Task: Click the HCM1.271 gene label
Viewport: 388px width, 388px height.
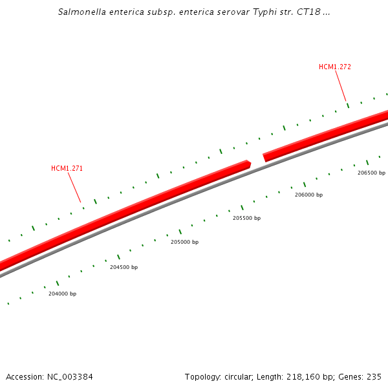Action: pos(67,168)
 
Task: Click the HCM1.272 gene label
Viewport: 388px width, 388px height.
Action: pos(334,67)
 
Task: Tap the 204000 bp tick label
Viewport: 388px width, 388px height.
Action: pos(62,294)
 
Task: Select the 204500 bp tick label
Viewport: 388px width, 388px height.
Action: pos(124,267)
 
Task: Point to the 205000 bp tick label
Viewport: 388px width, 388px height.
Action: pos(184,242)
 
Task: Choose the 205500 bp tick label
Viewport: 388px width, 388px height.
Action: pos(246,218)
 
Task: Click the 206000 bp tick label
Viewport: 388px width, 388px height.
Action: pos(308,195)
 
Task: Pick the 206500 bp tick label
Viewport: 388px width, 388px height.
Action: pos(371,173)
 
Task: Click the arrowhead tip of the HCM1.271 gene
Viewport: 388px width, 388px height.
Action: pos(250,164)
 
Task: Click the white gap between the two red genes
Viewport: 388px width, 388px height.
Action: pos(257,159)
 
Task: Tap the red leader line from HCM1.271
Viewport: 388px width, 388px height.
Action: pos(74,188)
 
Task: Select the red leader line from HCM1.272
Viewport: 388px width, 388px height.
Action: pos(340,86)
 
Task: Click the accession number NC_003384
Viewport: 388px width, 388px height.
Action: pos(69,376)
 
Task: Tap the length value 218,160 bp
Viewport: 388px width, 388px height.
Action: pos(309,376)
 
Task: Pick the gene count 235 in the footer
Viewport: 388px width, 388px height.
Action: pos(374,376)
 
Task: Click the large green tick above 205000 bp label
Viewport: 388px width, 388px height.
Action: pos(180,232)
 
